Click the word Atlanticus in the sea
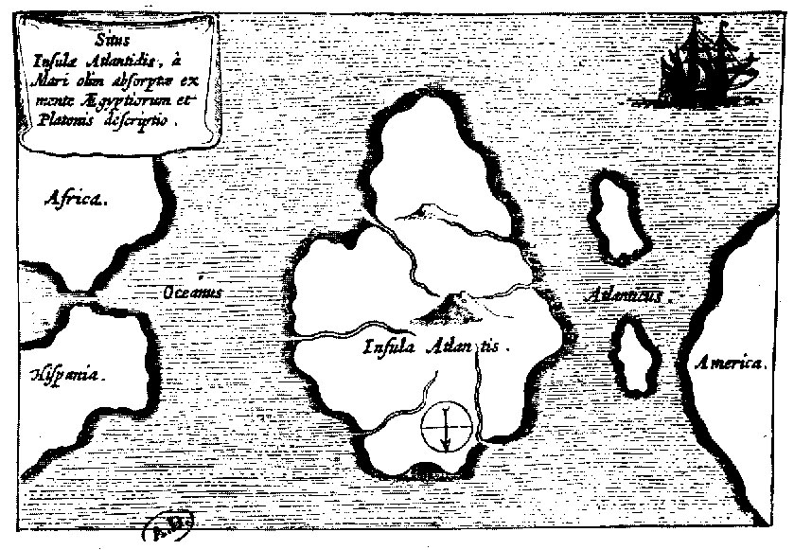620,294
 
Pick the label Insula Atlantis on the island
434,346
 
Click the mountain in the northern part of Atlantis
417,208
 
